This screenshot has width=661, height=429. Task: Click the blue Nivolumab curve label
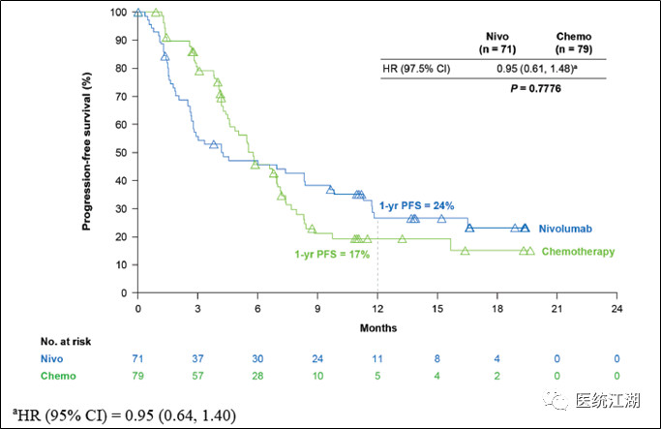[565, 229]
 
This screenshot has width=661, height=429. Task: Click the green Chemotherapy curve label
[578, 252]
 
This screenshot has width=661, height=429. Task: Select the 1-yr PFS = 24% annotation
[416, 206]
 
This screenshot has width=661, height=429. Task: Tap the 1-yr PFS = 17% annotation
[332, 255]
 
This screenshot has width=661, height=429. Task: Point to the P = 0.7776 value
[536, 88]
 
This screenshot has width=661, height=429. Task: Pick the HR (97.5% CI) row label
[416, 69]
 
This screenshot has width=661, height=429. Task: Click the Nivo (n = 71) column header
[497, 43]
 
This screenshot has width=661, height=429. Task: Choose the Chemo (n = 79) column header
[574, 43]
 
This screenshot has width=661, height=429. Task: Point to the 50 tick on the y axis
[121, 153]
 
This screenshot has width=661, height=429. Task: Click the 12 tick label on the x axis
[377, 309]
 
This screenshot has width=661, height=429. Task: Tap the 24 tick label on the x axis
[616, 309]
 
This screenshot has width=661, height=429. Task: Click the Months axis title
[378, 328]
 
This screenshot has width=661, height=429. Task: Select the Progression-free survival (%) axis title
[86, 151]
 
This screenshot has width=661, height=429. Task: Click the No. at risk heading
[66, 341]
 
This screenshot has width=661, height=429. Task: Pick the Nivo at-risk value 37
[197, 359]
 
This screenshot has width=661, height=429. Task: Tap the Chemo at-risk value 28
[257, 376]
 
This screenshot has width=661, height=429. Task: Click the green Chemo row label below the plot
[58, 376]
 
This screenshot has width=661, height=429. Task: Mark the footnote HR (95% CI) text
[124, 415]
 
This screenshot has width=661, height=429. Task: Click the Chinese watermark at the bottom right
[592, 400]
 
